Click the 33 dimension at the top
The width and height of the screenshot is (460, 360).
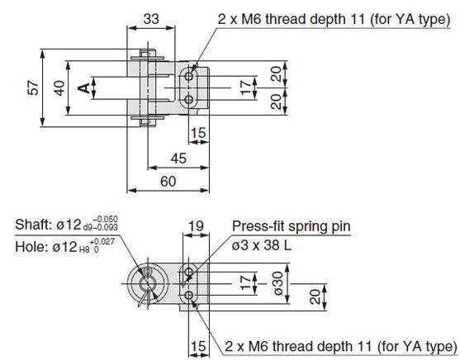point(151,19)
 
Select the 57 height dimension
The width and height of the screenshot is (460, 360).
point(33,88)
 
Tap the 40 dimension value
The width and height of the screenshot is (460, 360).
point(59,88)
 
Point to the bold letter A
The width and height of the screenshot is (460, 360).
point(84,88)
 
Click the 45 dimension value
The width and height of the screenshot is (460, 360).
point(178,159)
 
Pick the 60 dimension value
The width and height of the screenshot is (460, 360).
point(168,182)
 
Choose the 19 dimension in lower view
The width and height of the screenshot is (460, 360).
point(196,226)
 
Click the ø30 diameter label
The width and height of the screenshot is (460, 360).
point(277,283)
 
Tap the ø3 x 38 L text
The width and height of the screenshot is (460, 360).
point(262,245)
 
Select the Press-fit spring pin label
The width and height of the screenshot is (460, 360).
point(292,226)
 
